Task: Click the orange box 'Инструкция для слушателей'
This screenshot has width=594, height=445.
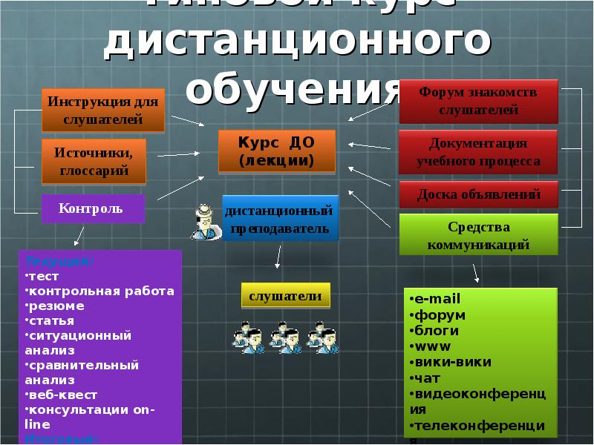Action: point(103,110)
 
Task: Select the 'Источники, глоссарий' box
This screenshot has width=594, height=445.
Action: point(94,162)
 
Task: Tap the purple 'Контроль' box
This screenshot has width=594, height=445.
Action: point(91,208)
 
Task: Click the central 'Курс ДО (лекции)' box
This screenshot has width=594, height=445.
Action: point(276,151)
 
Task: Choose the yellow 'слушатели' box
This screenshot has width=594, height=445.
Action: point(285,296)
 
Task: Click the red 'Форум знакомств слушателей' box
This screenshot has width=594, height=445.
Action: point(477,102)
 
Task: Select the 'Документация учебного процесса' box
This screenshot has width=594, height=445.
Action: point(477,152)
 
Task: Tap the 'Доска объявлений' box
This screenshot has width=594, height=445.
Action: point(477,194)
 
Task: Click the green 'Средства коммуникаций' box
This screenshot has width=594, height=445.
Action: point(477,234)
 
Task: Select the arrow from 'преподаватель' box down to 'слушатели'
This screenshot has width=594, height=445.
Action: point(278,256)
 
